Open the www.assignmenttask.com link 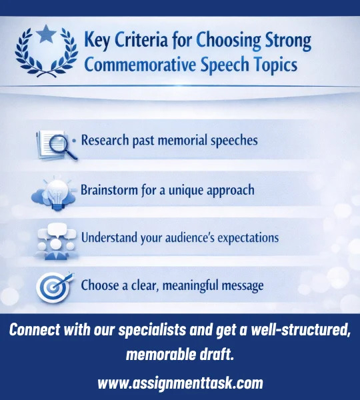pos(180,383)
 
